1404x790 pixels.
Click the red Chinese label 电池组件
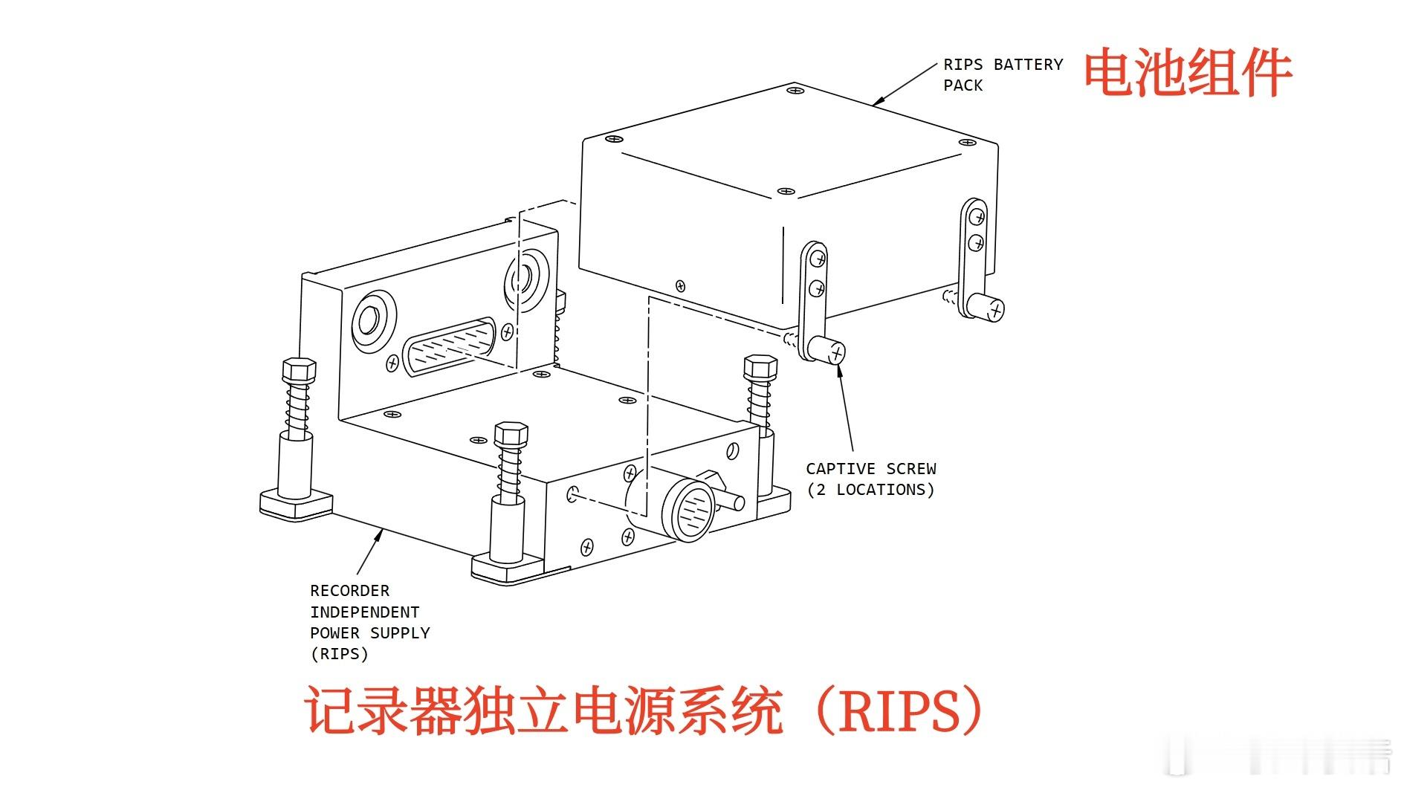[x=1188, y=72]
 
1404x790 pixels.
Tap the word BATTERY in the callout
[x=1029, y=65]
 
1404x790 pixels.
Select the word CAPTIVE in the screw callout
[x=841, y=469]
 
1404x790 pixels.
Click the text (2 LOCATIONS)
[x=870, y=490]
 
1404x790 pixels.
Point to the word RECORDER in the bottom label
[x=349, y=591]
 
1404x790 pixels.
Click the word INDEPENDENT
[x=365, y=612]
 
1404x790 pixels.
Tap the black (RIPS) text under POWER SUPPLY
[x=339, y=654]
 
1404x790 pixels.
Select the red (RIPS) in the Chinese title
[x=899, y=711]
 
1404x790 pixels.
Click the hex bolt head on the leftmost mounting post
[x=299, y=370]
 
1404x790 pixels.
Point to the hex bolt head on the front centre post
[x=511, y=434]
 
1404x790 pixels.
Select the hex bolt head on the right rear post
[x=760, y=367]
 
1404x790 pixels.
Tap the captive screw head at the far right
[x=987, y=307]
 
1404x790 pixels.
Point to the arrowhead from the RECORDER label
[x=380, y=534]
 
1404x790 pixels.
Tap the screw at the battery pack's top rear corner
[x=795, y=91]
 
